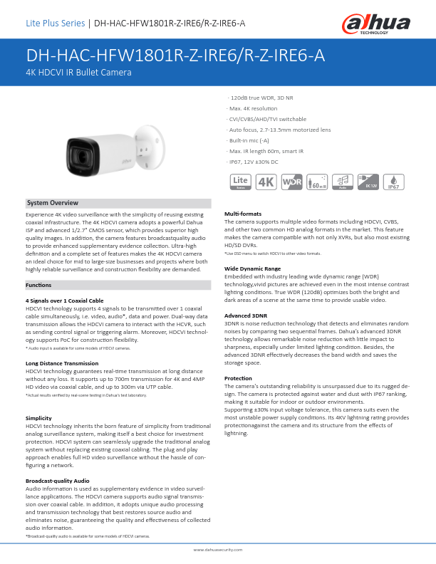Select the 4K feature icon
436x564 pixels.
point(266,182)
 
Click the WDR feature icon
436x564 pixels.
point(292,182)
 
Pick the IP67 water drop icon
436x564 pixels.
point(394,182)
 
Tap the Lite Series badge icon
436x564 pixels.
point(241,182)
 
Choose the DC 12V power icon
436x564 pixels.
point(368,182)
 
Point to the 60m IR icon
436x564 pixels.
point(317,182)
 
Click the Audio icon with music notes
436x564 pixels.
point(343,182)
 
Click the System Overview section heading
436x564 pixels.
point(53,204)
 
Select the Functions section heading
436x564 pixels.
point(38,285)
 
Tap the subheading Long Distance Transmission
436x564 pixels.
point(62,363)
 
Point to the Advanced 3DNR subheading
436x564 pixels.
point(246,315)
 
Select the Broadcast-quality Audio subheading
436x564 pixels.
point(58,481)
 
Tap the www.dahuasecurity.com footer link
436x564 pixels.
point(218,550)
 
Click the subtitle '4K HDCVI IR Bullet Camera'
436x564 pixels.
point(78,73)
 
